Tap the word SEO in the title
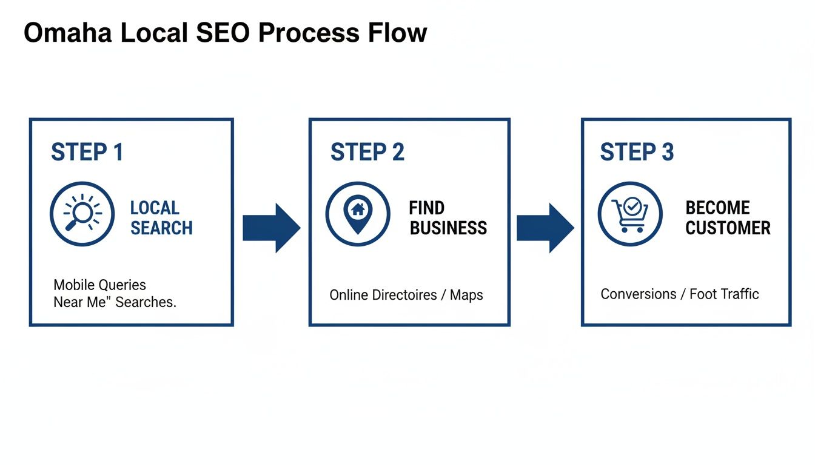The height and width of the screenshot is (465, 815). coord(222,33)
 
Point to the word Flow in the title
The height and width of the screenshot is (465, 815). coord(397,33)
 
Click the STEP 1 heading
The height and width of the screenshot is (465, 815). coord(87,152)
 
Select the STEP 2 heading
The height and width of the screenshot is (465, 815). coord(367,152)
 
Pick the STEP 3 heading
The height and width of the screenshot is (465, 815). coord(637,152)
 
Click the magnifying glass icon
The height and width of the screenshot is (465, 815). coord(82,214)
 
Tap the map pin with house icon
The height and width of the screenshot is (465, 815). coord(358,214)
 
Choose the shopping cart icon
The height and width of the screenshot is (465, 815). coord(630,214)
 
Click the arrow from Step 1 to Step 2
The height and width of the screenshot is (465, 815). coord(271,228)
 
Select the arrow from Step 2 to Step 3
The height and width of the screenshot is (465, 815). coord(545,228)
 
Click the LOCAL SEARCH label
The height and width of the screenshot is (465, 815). coord(161,218)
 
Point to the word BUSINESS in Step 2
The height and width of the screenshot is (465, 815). coord(448,228)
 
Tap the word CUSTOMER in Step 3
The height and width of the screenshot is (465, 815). coord(728,228)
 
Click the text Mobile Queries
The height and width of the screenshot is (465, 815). coord(99,285)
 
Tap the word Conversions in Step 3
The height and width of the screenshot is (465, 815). coord(638,294)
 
